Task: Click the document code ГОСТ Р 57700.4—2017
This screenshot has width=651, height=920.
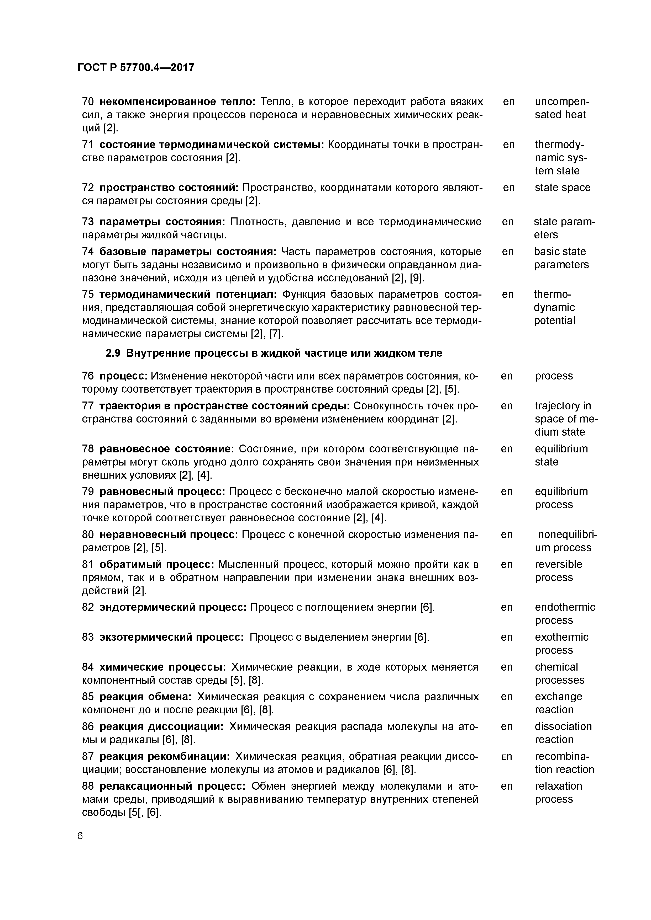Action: (135, 68)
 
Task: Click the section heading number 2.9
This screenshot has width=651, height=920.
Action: (113, 353)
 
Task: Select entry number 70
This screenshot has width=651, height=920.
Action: (88, 102)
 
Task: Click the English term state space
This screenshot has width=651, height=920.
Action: (562, 188)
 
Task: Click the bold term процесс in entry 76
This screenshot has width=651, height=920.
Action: (124, 376)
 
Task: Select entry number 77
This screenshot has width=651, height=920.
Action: (88, 406)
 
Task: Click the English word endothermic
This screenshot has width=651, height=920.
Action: (565, 607)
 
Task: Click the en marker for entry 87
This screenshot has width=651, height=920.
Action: (507, 757)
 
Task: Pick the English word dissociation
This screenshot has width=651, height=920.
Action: (563, 726)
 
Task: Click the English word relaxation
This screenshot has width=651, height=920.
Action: (558, 786)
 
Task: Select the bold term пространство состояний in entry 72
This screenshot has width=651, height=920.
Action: (169, 188)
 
